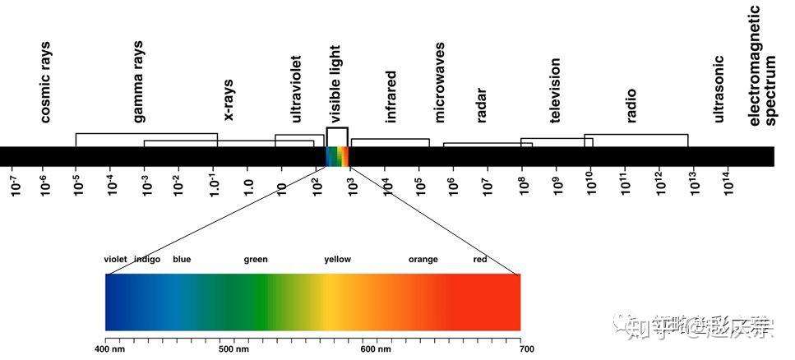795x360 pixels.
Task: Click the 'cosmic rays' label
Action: pyautogui.click(x=45, y=82)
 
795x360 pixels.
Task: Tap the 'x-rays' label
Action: pyautogui.click(x=229, y=99)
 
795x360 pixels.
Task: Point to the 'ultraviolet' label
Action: pyautogui.click(x=296, y=89)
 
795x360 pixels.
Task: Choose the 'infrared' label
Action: pyautogui.click(x=391, y=96)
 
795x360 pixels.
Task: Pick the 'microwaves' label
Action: pyautogui.click(x=440, y=82)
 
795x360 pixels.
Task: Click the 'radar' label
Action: pyautogui.click(x=482, y=104)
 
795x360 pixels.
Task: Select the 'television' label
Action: pyautogui.click(x=556, y=90)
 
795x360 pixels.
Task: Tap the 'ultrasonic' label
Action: pyautogui.click(x=719, y=89)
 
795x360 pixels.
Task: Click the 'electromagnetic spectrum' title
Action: pyautogui.click(x=763, y=66)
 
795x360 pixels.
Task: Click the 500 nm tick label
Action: pyautogui.click(x=233, y=348)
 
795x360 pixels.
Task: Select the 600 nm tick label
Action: pyautogui.click(x=375, y=348)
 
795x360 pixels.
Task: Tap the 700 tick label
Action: pyautogui.click(x=525, y=348)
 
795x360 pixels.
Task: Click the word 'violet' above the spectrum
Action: pyautogui.click(x=116, y=260)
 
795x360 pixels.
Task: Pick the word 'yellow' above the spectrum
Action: pyautogui.click(x=337, y=260)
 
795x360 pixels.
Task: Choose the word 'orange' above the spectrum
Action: pyautogui.click(x=423, y=260)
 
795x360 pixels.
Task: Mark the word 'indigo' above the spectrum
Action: pyautogui.click(x=147, y=260)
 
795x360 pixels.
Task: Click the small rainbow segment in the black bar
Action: pyautogui.click(x=337, y=156)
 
